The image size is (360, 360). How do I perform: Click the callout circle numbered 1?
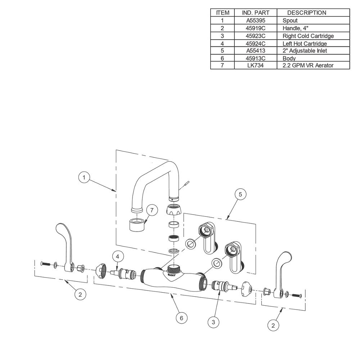click(84, 177)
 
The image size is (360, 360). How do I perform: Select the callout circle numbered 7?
click(152, 210)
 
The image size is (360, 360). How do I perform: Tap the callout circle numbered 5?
click(240, 194)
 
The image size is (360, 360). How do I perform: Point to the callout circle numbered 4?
click(118, 256)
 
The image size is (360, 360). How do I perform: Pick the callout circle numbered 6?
click(181, 318)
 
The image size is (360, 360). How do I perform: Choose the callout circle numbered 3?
click(213, 322)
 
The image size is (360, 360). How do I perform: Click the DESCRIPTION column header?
click(307, 13)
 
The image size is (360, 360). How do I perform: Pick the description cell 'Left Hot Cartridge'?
click(305, 44)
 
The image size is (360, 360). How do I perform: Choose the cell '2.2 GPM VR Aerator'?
click(308, 66)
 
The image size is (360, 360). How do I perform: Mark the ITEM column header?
click(222, 13)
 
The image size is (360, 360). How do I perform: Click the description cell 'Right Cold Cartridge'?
click(308, 36)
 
